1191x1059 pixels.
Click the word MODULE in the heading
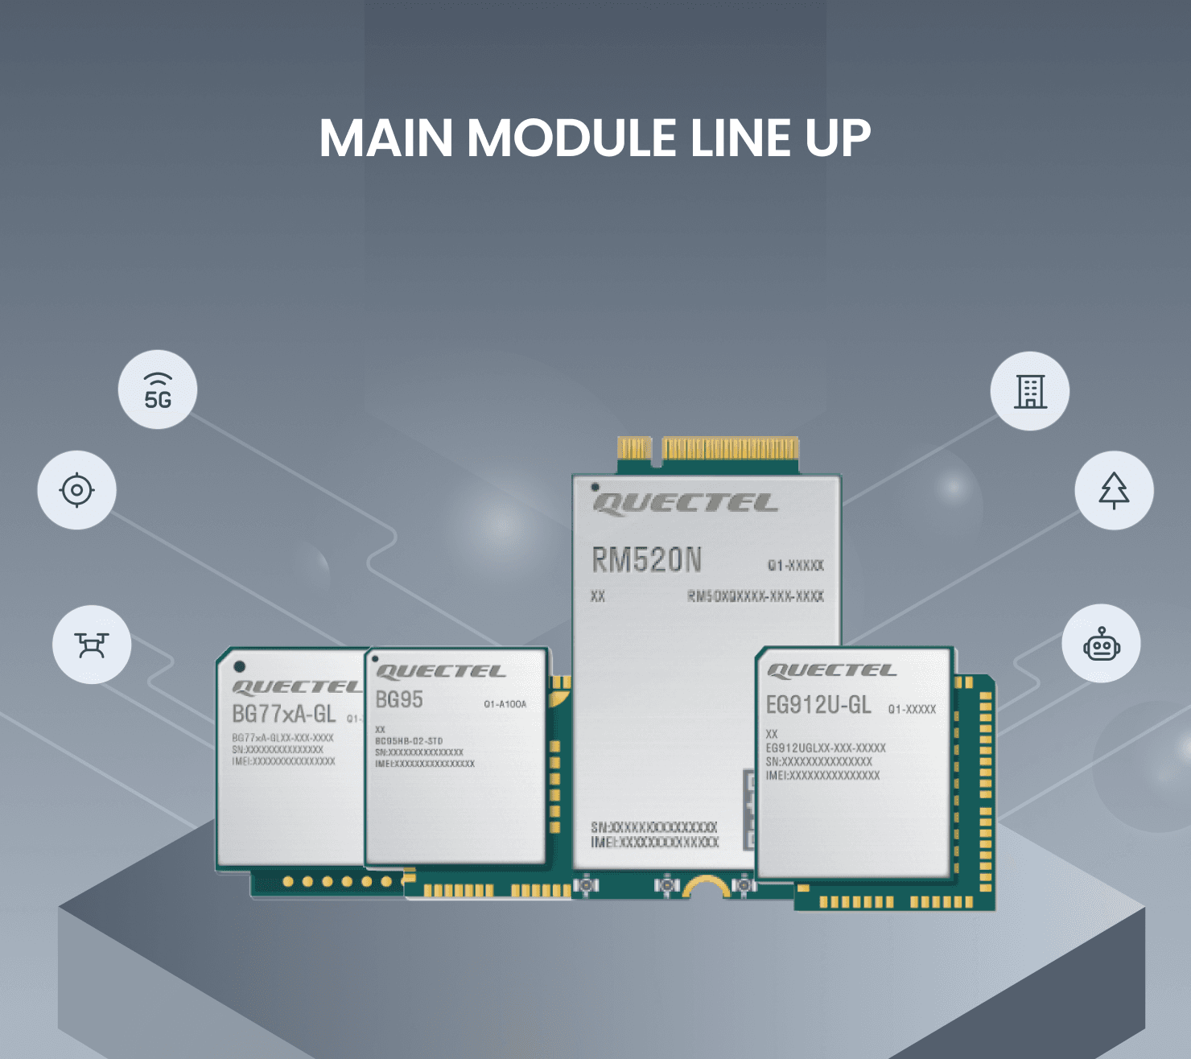click(571, 138)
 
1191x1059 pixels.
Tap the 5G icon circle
click(158, 390)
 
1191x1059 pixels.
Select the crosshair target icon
click(77, 490)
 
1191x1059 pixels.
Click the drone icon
click(92, 645)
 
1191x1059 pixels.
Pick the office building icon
click(1030, 391)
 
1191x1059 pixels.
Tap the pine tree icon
click(1114, 490)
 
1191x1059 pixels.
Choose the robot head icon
click(1102, 645)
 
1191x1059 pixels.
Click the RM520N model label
click(647, 560)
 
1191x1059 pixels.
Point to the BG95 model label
click(399, 699)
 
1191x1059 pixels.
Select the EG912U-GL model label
click(818, 705)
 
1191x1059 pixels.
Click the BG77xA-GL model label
click(283, 714)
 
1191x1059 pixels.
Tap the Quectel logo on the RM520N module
click(686, 504)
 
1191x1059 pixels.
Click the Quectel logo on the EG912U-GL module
click(831, 670)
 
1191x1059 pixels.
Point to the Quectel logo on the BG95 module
click(440, 671)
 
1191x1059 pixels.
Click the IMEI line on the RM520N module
click(654, 843)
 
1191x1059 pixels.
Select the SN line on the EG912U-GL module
click(818, 761)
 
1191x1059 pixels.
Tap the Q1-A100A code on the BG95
click(505, 704)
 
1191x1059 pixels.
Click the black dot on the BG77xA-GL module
click(240, 666)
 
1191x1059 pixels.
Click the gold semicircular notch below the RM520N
click(707, 888)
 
